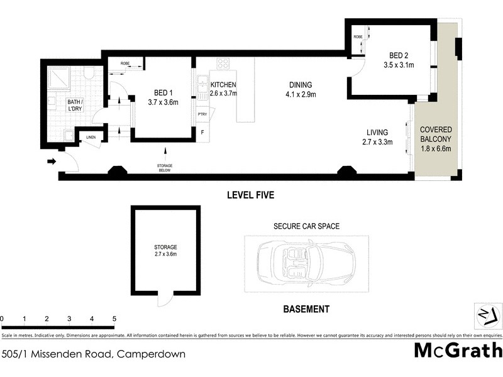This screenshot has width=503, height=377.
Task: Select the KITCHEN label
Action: click(223, 85)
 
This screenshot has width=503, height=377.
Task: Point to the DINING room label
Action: click(301, 85)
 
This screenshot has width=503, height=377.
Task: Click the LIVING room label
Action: click(378, 133)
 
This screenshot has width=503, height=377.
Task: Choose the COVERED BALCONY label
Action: click(436, 134)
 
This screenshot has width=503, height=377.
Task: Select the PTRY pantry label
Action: click(202, 114)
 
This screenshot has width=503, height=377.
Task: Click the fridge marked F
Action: click(202, 133)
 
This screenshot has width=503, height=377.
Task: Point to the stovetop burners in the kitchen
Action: click(223, 63)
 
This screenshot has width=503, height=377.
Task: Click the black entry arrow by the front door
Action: click(51, 161)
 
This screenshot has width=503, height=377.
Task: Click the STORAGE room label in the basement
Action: click(166, 247)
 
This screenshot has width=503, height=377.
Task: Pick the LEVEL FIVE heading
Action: click(251, 195)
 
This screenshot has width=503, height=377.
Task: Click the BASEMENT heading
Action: click(306, 309)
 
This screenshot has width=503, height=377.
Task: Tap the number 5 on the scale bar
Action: click(114, 319)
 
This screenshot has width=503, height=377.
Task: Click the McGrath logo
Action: click(458, 349)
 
